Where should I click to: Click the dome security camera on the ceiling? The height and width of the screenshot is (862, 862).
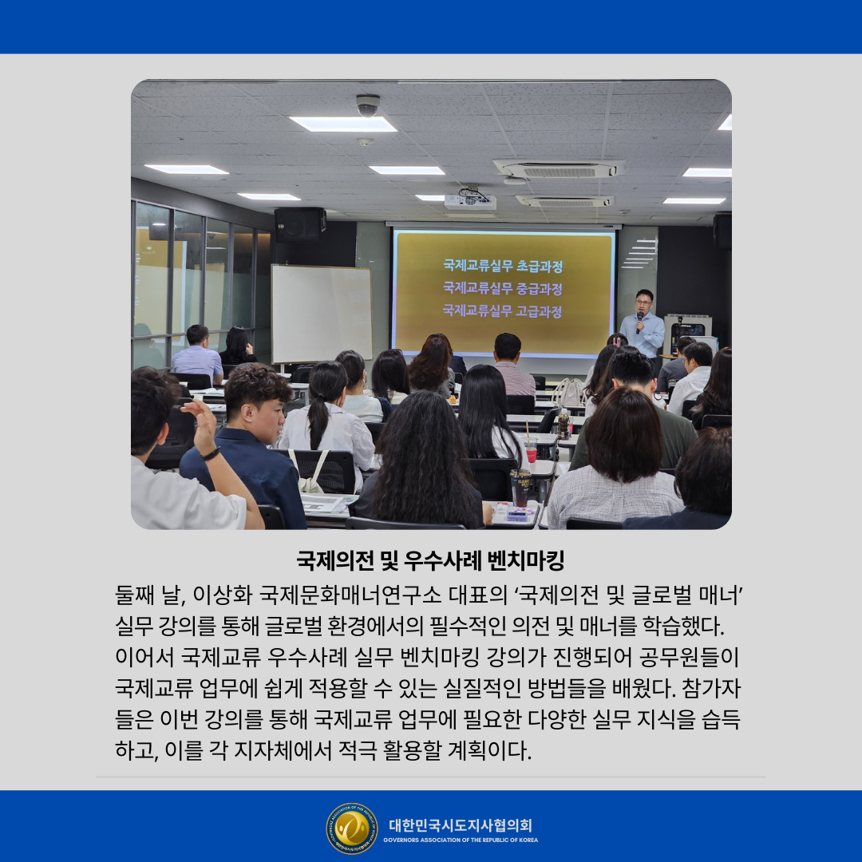pos(368,105)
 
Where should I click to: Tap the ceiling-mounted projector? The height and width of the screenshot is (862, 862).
pos(469,200)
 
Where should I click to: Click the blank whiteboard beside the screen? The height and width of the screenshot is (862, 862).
pos(322,314)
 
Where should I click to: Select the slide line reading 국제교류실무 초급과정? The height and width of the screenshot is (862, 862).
pos(503,267)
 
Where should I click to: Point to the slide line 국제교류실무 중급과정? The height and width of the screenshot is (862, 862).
pos(503,289)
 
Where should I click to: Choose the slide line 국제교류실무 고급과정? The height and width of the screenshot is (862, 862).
pos(503,311)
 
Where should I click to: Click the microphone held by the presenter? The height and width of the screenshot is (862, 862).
pos(639,322)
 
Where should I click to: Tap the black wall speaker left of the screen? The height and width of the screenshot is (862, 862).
pos(300,224)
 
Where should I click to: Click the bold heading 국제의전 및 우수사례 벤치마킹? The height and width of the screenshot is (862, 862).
pos(430,561)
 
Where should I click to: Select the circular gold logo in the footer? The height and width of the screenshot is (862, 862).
pos(352,828)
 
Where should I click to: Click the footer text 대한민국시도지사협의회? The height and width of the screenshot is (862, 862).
pos(461,825)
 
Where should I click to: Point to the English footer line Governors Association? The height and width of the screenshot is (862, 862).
pos(461,840)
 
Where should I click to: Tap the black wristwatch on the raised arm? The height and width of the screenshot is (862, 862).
pos(211,454)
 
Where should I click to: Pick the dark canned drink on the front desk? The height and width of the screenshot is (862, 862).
pos(520,488)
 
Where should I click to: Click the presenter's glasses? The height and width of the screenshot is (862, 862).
pos(643,302)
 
